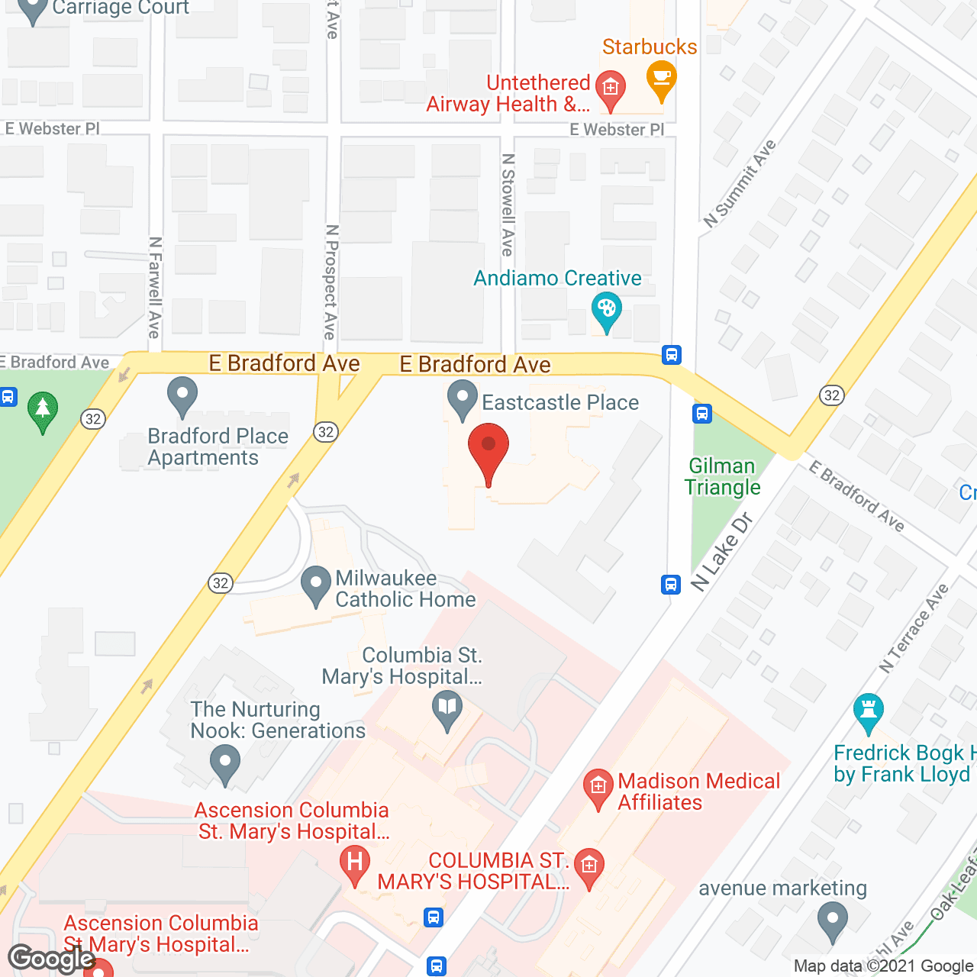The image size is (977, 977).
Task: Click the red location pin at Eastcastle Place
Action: tap(488, 450)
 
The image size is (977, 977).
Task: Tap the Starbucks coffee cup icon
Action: tap(661, 79)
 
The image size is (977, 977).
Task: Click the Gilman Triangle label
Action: tap(722, 476)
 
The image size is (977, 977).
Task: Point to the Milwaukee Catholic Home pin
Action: tap(316, 585)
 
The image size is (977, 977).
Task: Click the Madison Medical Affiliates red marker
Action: tap(598, 788)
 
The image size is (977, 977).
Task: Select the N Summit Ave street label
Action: tap(739, 184)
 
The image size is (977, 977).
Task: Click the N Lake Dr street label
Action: tap(721, 552)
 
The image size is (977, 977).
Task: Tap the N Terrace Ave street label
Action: tap(913, 628)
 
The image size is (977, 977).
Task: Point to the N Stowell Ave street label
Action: tap(508, 205)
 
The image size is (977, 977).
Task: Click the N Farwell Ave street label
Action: tap(155, 287)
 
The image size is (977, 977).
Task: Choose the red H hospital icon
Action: tap(354, 863)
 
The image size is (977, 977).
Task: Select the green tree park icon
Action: tap(43, 410)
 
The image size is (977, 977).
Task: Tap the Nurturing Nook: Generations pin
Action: tap(225, 764)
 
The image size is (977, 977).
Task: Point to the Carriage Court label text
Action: tap(121, 8)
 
